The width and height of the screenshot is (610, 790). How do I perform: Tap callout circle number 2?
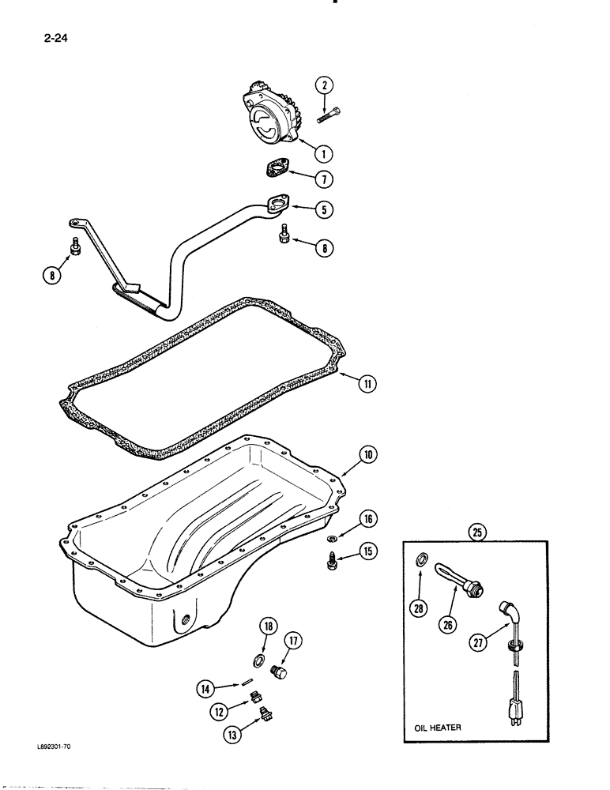322,85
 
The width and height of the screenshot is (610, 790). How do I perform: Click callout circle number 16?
369,519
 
